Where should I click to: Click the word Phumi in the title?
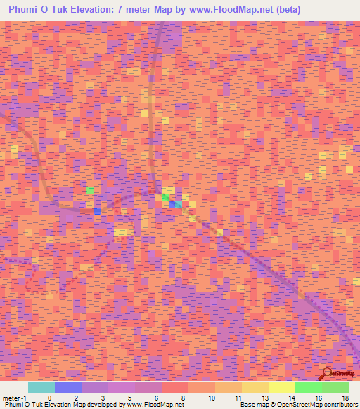point(26,10)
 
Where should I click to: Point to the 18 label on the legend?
point(345,398)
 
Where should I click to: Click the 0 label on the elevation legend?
point(49,398)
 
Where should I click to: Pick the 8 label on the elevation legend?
point(183,398)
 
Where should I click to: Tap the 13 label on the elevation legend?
point(264,398)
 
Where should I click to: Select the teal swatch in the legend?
point(41,387)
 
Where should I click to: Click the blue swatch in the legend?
point(68,387)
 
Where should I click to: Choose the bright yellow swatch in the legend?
point(282,387)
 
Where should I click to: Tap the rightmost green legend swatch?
point(335,387)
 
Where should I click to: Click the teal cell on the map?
point(179,204)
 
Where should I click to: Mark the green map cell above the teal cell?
point(165,197)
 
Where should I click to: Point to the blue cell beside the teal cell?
point(172,204)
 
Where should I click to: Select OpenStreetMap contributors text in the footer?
point(319,405)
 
